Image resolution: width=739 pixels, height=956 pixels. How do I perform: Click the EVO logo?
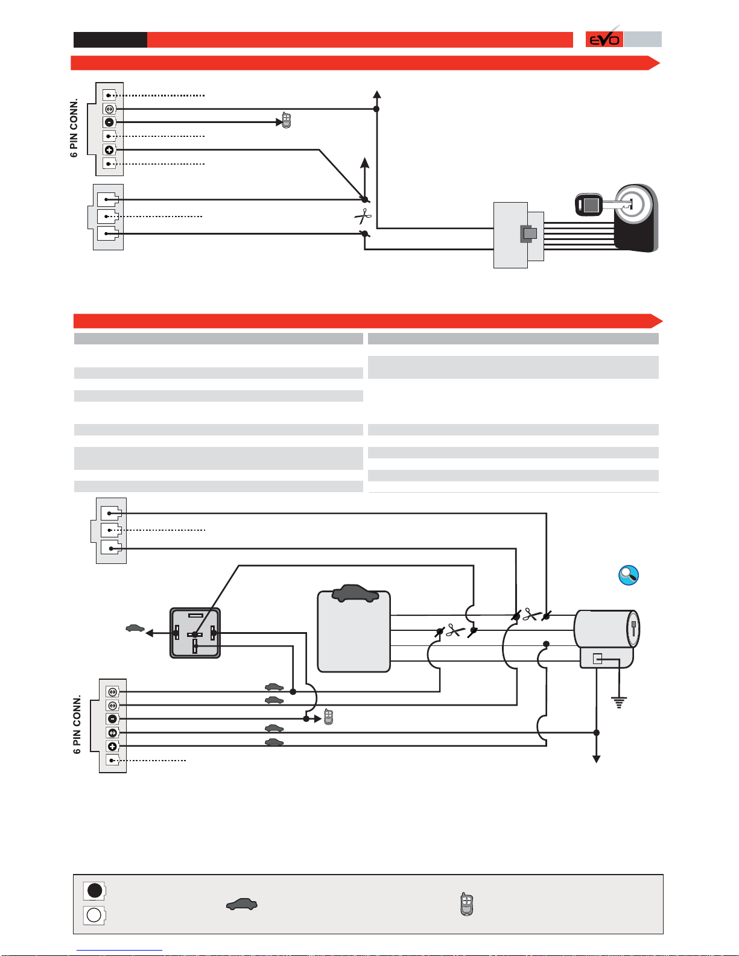(x=604, y=39)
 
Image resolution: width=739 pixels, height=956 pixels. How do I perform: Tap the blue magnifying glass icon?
(x=629, y=575)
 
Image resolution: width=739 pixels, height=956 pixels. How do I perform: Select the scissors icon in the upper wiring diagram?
(x=363, y=216)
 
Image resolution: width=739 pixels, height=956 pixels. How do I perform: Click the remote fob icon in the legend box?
(x=466, y=904)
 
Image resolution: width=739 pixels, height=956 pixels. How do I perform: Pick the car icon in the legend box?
(x=242, y=904)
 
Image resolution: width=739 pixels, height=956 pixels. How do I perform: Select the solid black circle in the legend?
(x=95, y=890)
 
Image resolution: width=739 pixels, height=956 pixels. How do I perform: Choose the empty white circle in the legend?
(x=94, y=915)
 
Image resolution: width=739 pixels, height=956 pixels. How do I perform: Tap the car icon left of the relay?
(x=135, y=628)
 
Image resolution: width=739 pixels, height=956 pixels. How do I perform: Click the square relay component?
(x=195, y=633)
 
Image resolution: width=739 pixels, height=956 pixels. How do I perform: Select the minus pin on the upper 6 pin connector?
(x=109, y=122)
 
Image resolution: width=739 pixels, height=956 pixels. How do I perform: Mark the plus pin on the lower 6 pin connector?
(x=112, y=747)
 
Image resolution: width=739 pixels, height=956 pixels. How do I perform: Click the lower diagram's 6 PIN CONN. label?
(x=77, y=725)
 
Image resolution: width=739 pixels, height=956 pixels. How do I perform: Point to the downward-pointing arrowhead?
(x=596, y=759)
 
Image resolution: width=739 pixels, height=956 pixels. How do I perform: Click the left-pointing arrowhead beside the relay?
(x=150, y=633)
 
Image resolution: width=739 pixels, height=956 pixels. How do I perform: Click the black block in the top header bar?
(x=110, y=40)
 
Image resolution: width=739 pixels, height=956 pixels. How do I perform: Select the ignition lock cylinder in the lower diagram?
(x=606, y=629)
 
